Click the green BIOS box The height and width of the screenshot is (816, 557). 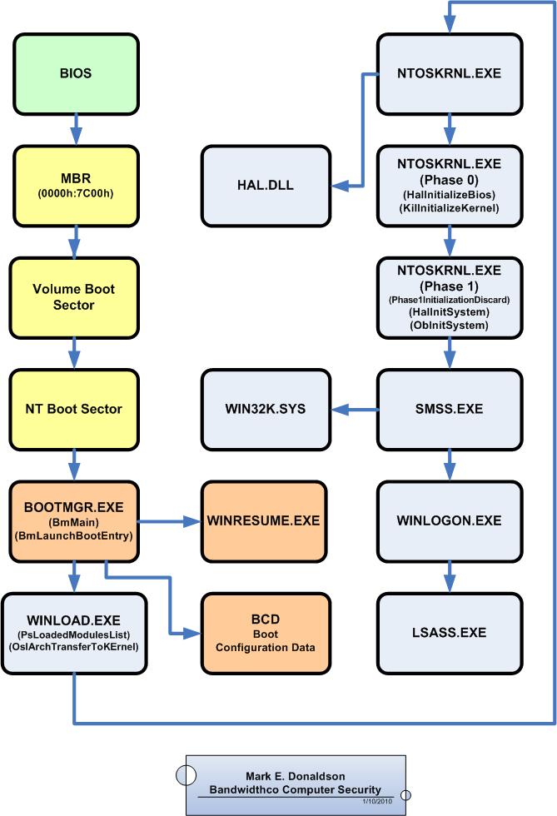76,73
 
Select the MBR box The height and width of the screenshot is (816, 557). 76,186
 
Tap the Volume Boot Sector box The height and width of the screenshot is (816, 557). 74,298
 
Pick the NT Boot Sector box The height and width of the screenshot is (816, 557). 74,410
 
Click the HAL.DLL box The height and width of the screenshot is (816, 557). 266,186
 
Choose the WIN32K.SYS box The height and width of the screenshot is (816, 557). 266,410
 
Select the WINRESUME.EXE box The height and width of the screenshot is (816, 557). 264,521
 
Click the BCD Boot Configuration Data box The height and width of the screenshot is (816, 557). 266,634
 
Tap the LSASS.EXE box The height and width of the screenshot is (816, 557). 450,634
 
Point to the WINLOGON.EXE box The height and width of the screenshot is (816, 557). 450,521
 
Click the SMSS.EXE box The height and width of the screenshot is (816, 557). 450,410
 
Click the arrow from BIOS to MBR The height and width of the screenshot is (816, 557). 76,130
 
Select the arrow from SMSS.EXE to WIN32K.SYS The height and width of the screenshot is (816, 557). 355,410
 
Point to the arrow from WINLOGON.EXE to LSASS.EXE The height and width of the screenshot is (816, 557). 450,578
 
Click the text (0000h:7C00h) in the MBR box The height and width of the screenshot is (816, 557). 76,193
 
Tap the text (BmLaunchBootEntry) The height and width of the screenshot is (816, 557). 74,535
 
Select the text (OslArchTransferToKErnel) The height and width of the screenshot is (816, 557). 74,647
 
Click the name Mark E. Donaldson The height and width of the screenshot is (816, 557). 296,776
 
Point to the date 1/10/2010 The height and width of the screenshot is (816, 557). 377,801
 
